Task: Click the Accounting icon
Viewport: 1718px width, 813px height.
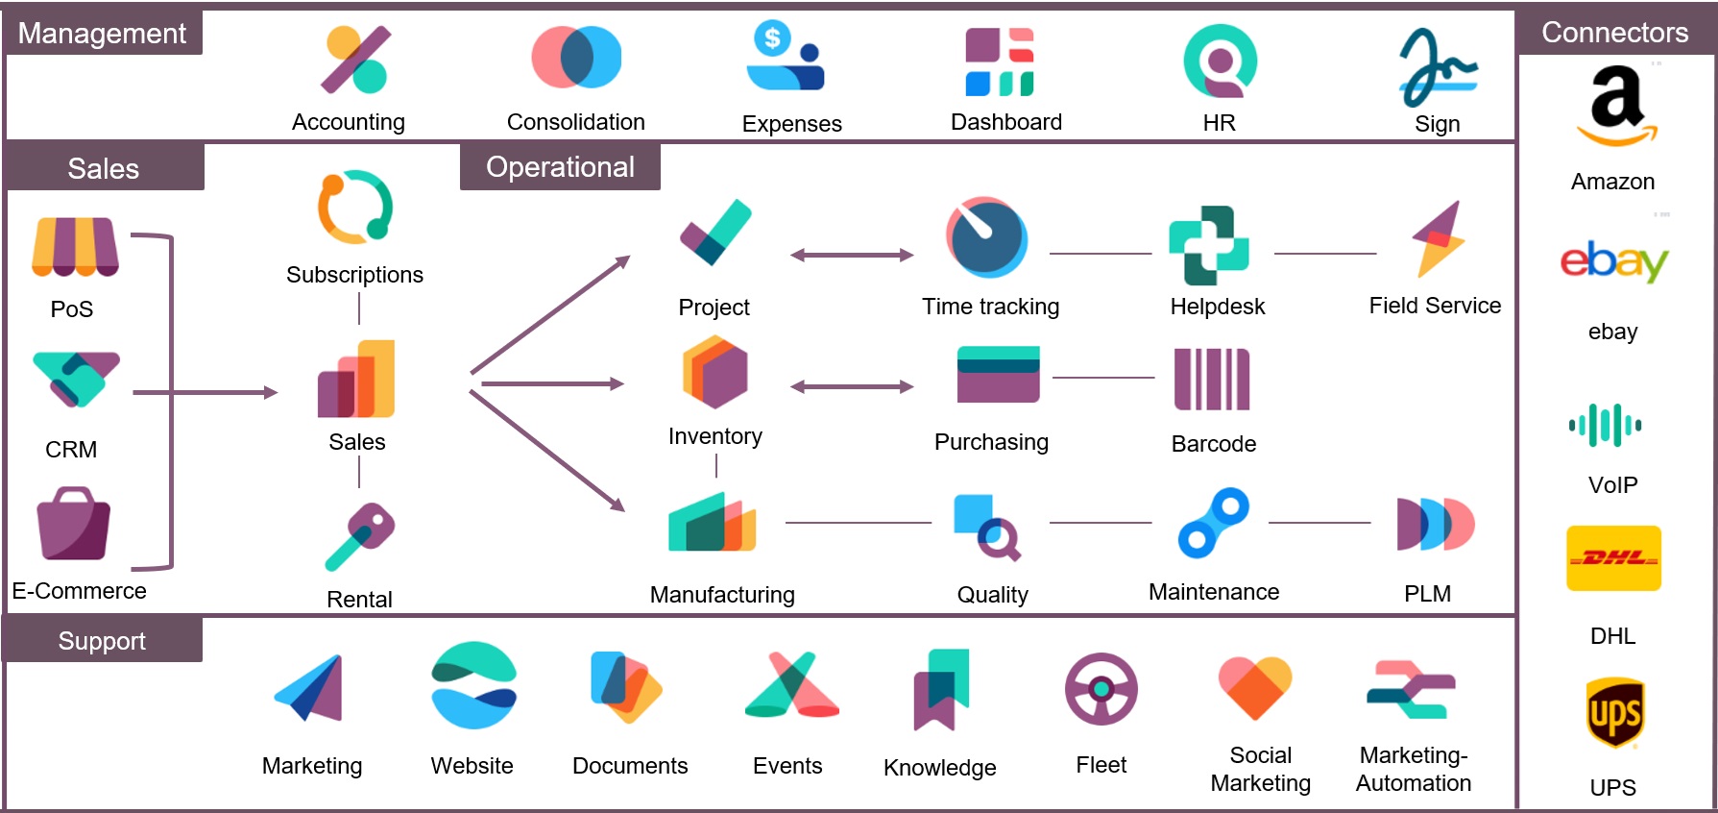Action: point(355,61)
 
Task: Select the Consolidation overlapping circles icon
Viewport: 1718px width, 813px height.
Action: point(576,58)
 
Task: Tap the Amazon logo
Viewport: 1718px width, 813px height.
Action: point(1617,106)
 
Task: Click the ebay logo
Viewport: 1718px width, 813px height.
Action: point(1614,260)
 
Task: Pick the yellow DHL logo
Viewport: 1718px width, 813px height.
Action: point(1613,558)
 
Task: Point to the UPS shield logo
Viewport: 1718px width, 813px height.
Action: point(1614,713)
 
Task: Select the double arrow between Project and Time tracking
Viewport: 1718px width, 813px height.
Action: point(852,255)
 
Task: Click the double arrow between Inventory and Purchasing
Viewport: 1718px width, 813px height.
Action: point(852,386)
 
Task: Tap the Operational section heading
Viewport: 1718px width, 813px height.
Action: point(560,167)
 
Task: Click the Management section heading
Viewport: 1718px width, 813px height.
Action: point(102,34)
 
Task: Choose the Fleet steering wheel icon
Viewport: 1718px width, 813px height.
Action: point(1101,689)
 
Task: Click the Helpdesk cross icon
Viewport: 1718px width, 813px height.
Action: point(1208,246)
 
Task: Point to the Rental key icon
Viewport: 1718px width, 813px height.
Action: point(360,536)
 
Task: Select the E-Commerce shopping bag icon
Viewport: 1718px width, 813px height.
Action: point(74,524)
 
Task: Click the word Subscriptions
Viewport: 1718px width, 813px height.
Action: point(354,275)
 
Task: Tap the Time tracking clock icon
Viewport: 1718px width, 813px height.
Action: point(986,237)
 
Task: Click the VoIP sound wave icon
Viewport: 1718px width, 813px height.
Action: point(1605,425)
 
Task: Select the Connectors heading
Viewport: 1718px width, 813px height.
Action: point(1614,33)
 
